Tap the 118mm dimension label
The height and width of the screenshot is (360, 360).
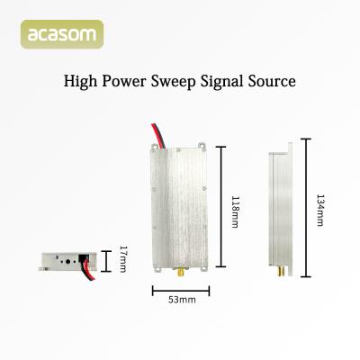[235, 210]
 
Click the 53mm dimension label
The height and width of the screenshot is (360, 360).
[180, 301]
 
